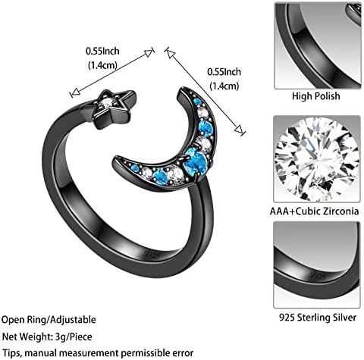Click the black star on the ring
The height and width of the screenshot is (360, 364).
[x=111, y=109]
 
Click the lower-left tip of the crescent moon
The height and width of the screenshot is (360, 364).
[x=115, y=161]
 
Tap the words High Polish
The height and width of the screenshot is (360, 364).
[x=316, y=96]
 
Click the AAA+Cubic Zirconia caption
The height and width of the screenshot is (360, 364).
[x=314, y=211]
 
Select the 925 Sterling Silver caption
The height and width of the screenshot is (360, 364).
[x=318, y=318]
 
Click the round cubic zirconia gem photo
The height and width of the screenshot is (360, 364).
[x=317, y=159]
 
